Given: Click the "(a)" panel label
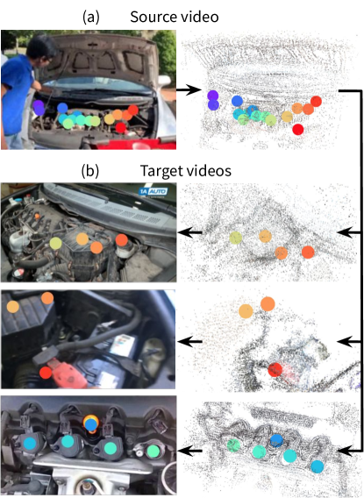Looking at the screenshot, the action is click(x=91, y=17).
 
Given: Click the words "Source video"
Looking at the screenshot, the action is click(x=175, y=17).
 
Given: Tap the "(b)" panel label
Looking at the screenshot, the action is click(x=90, y=171).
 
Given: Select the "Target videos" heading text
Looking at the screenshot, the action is click(x=185, y=171).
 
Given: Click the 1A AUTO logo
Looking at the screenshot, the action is click(x=153, y=191).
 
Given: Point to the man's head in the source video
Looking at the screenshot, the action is click(x=39, y=49).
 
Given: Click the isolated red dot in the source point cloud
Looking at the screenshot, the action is click(x=298, y=129).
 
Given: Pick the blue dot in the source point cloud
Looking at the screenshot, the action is click(x=237, y=101).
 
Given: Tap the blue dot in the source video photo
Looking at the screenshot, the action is click(x=62, y=108).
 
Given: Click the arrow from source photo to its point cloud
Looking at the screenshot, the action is click(x=189, y=90).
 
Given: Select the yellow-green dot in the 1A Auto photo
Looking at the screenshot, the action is click(x=55, y=243).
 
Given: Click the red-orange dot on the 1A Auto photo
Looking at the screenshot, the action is click(x=122, y=240).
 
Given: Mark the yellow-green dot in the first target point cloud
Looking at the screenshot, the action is click(x=236, y=238).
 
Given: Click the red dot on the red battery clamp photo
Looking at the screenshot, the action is click(x=46, y=373).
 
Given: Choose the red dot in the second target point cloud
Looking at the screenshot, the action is click(x=275, y=370).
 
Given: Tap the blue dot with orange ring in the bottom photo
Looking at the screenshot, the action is click(x=91, y=424).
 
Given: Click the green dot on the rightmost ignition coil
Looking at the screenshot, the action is click(x=153, y=451).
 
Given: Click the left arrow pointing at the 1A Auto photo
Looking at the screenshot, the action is click(x=190, y=232).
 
